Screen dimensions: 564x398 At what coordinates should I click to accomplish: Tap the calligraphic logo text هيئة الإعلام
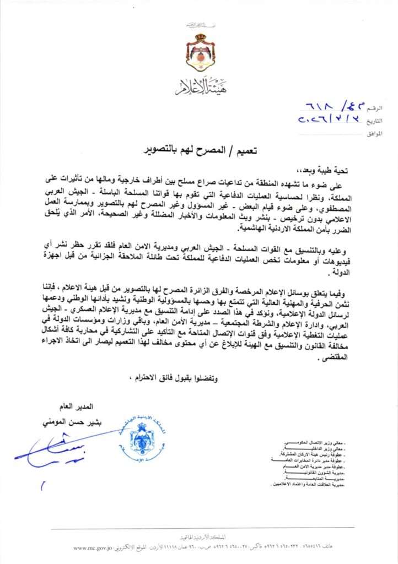(x=199, y=86)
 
